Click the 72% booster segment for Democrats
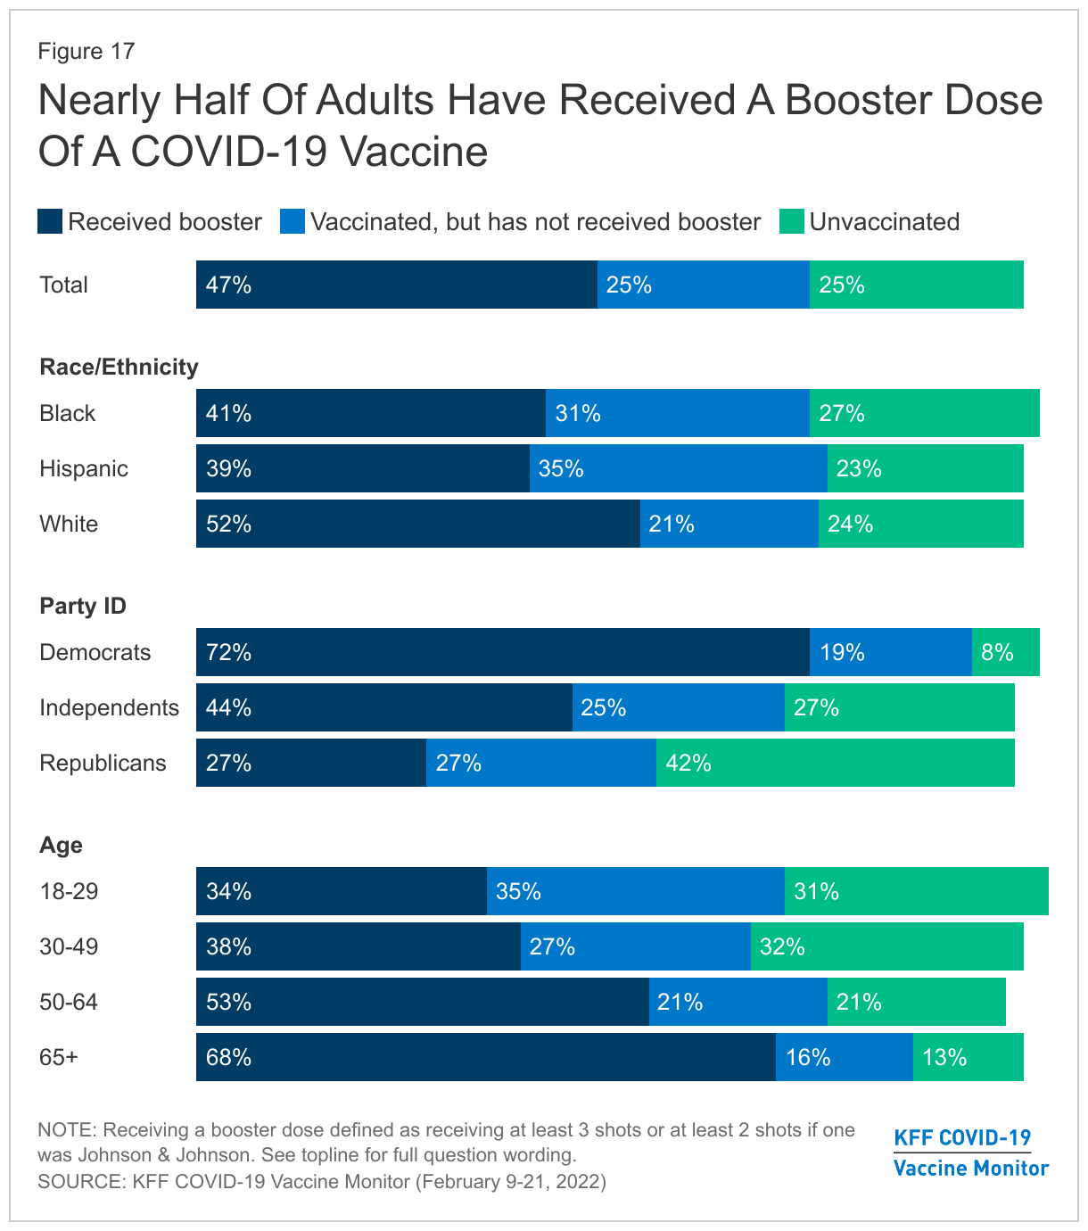502,652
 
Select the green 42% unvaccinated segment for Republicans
835,763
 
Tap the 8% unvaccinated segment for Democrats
1005,652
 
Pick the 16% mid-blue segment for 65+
844,1057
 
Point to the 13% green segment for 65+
968,1057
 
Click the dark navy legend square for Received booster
50,222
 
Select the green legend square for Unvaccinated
792,222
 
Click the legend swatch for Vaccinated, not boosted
293,222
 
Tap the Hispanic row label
84,469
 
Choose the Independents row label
109,707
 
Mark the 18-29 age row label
69,891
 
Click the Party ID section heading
83,607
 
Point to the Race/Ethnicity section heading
119,368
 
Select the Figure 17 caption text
86,51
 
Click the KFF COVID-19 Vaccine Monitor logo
970,1153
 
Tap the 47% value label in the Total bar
228,285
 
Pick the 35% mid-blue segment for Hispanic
678,468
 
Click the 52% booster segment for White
417,524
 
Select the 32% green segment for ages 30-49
886,946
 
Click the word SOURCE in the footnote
78,1182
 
